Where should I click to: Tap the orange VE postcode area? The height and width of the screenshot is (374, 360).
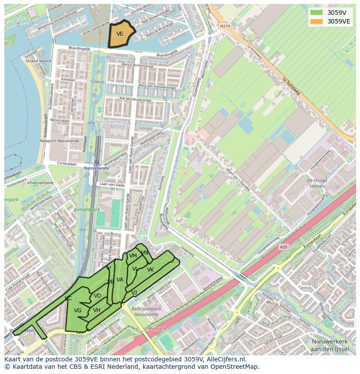[120, 34]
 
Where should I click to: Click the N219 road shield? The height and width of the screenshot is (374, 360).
[224, 26]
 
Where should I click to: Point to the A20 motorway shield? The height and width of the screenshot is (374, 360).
[283, 247]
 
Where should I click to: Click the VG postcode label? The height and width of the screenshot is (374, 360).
[78, 311]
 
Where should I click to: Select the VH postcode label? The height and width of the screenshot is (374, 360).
[97, 310]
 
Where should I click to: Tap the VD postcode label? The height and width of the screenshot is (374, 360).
[97, 296]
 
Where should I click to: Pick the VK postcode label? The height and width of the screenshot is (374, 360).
[150, 270]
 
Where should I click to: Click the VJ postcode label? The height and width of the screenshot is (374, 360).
[134, 293]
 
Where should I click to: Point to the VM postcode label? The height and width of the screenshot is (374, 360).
[133, 256]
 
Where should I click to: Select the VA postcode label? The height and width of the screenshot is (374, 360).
[120, 279]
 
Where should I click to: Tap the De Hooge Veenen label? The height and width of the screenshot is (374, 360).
[317, 183]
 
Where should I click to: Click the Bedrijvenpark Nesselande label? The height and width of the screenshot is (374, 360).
[146, 311]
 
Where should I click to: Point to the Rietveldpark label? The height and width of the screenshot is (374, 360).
[87, 209]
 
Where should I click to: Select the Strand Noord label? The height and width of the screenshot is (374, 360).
[38, 61]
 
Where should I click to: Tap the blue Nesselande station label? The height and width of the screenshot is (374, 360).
[97, 168]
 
